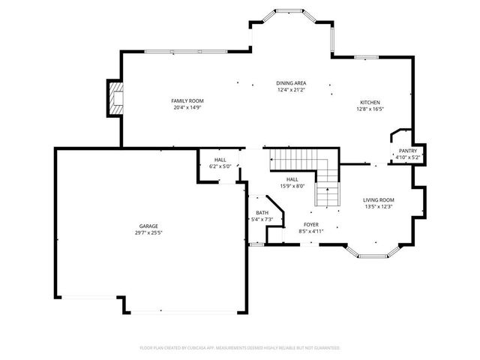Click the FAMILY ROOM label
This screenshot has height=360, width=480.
(x=187, y=100)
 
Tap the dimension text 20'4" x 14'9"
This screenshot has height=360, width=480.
(x=187, y=107)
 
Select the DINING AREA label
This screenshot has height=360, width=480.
(x=292, y=82)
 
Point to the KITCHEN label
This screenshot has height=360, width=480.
(x=370, y=102)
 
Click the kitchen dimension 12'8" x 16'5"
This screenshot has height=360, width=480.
(x=370, y=109)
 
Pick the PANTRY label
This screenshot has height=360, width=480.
(x=407, y=151)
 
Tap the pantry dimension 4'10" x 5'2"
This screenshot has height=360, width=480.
(x=407, y=157)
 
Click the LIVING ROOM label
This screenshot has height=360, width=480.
(x=379, y=199)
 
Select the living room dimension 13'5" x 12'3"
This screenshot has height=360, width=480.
(x=379, y=206)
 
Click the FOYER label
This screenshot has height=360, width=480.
(x=311, y=224)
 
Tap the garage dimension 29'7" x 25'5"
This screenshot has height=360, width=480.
(x=148, y=232)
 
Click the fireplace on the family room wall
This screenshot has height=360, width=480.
(x=115, y=97)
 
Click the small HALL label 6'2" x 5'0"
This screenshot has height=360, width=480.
(x=220, y=160)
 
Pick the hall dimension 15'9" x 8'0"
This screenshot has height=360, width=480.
(x=292, y=186)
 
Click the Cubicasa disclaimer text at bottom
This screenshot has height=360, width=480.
(x=240, y=348)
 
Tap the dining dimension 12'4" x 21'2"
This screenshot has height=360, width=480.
(x=292, y=90)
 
